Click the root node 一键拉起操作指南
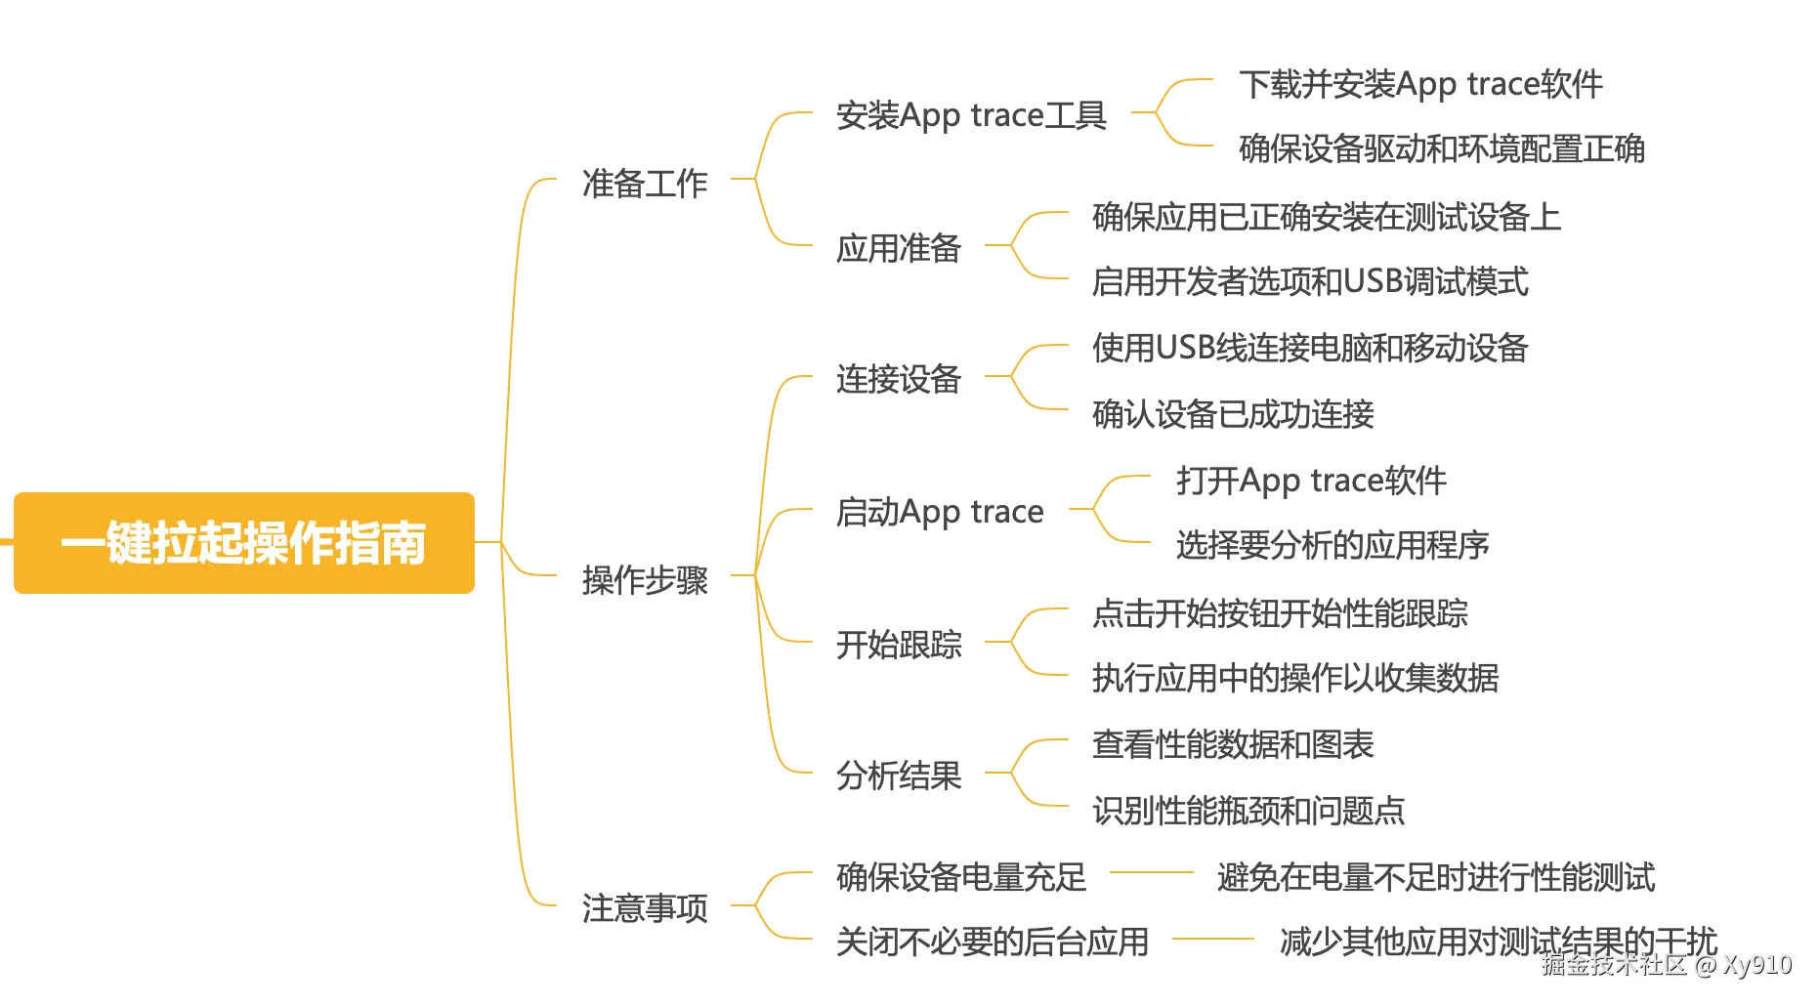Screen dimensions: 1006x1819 tap(243, 543)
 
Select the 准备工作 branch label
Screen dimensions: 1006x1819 tap(644, 183)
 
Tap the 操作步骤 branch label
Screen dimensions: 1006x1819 tap(644, 580)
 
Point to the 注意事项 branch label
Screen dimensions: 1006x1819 tap(644, 908)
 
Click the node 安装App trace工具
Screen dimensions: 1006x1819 tap(970, 115)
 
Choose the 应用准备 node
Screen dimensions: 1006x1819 tap(898, 248)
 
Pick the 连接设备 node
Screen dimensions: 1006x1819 tap(898, 379)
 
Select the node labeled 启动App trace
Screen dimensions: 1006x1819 tap(939, 512)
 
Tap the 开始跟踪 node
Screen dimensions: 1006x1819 tap(898, 645)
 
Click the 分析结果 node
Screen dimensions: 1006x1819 tap(898, 775)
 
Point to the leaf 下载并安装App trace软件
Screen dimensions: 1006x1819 tap(1419, 84)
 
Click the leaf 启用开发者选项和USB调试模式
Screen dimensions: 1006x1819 tap(1309, 282)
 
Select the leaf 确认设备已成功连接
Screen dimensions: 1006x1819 tap(1232, 414)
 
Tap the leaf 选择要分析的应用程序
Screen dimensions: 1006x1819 tap(1332, 545)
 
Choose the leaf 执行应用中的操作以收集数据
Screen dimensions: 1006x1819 tap(1294, 678)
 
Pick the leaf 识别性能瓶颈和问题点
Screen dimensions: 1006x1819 tap(1248, 811)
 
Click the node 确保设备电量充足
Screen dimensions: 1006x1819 tap(960, 877)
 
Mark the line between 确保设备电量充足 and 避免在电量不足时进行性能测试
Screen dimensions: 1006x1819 tap(1151, 872)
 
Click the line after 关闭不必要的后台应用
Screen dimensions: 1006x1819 tap(1212, 939)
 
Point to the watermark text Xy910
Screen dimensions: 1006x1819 tap(1756, 965)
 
